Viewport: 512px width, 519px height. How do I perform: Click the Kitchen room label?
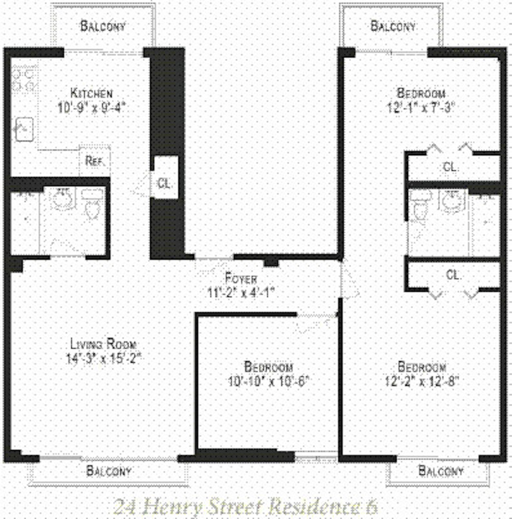click(91, 94)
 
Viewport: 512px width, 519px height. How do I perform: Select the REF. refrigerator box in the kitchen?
click(94, 161)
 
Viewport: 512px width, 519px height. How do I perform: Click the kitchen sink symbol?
click(23, 129)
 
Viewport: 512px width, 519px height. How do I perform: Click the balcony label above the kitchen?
click(102, 26)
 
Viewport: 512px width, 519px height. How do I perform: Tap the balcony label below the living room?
click(109, 471)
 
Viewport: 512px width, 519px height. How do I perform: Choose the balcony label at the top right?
click(393, 26)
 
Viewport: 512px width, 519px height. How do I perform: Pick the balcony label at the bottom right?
click(441, 471)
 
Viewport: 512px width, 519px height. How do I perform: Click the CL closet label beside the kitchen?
click(164, 183)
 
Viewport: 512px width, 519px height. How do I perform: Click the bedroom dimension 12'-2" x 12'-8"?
click(422, 380)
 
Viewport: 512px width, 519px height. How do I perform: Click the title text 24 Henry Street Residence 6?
click(244, 506)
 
